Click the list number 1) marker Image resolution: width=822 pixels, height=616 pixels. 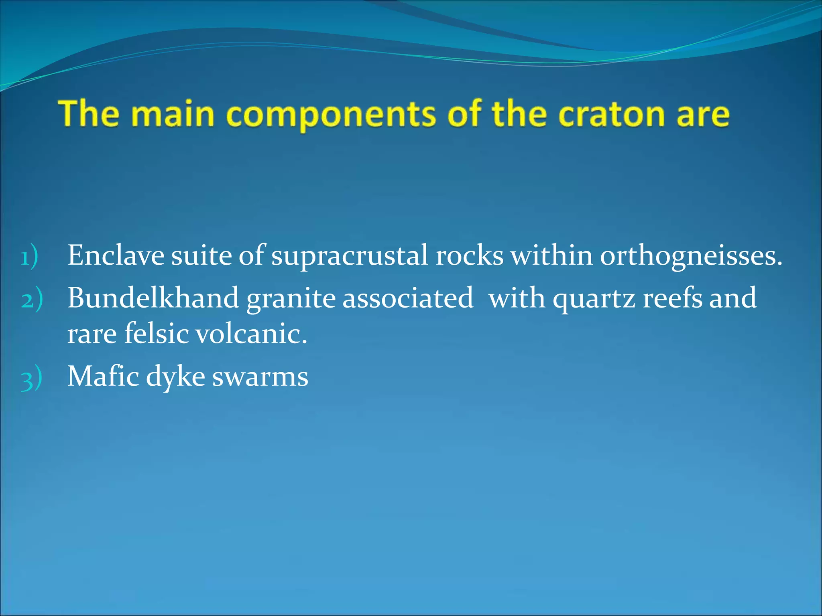coord(29,257)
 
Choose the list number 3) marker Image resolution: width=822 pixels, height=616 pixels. coord(31,378)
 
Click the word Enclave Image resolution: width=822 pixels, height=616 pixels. coord(116,255)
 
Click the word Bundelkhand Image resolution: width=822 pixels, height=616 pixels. coord(153,298)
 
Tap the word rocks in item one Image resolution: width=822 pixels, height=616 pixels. coord(469,255)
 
